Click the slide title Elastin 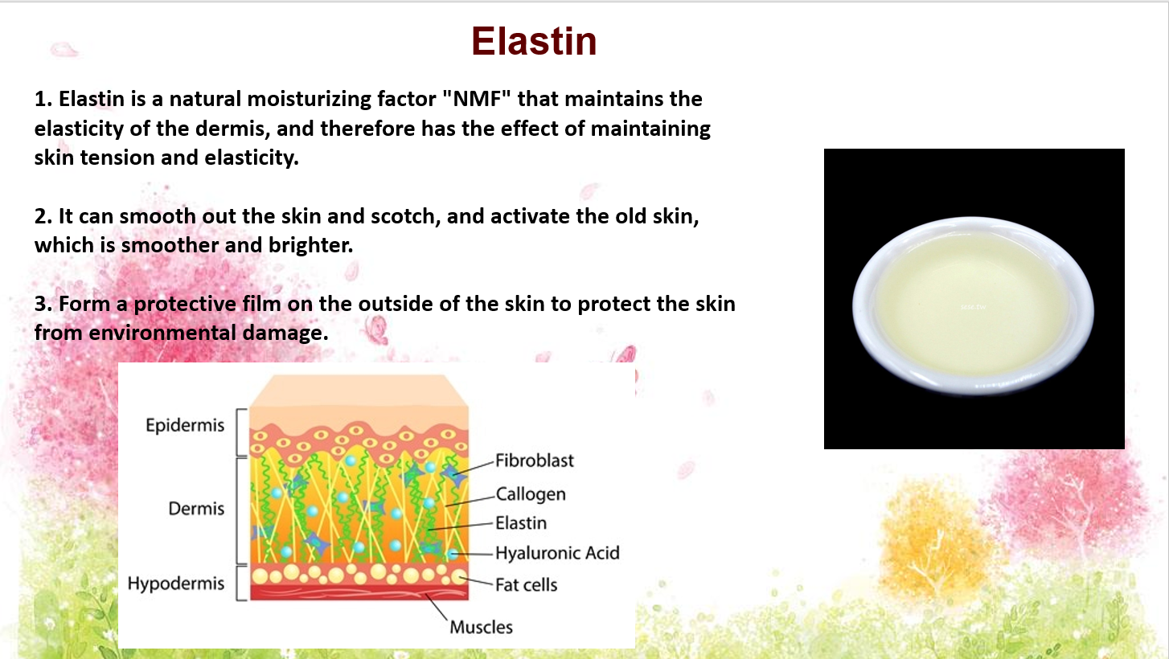coord(534,41)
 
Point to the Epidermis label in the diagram coord(185,425)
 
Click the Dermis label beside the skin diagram coord(196,508)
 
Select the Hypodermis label coord(176,583)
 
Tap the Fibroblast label coord(535,460)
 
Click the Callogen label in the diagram coord(530,494)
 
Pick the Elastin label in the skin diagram coord(521,523)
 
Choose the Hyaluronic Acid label coord(557,553)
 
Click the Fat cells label coord(526,585)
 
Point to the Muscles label coord(481,627)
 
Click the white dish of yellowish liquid coord(974,305)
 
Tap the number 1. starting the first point coord(43,99)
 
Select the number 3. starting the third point coord(43,304)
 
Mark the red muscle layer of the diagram coord(359,592)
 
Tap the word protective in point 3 coord(185,305)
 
